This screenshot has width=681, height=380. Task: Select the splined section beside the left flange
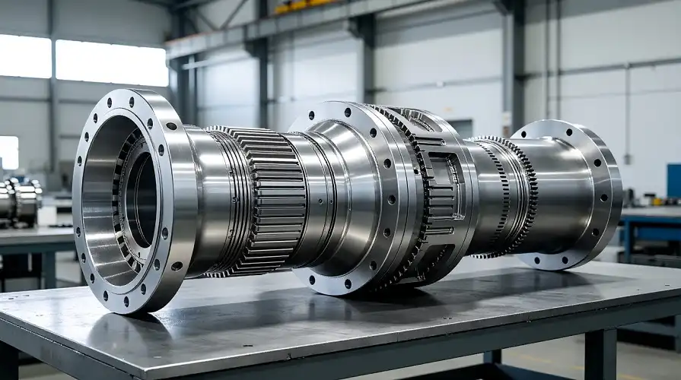pos(263,199)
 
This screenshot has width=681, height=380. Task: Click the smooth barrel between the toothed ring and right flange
pos(552,194)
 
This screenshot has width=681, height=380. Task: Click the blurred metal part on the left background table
pos(20,201)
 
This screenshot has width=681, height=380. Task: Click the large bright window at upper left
pos(111,62)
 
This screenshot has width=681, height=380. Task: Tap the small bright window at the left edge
pos(8,152)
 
